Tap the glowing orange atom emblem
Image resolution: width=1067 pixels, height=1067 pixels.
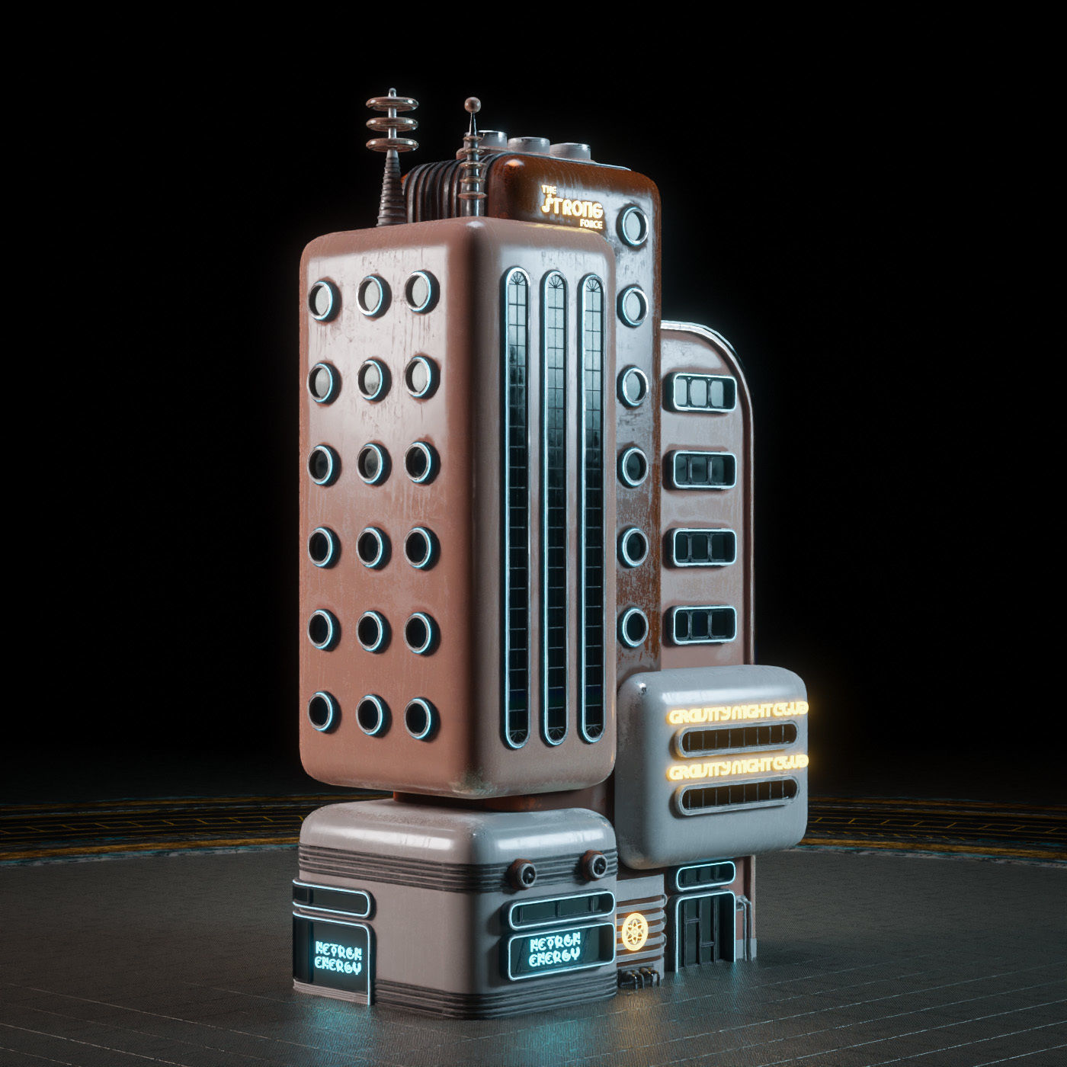tap(632, 931)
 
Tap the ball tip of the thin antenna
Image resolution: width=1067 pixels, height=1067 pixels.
tap(473, 103)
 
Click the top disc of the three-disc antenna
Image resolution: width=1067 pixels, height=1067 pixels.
tap(392, 100)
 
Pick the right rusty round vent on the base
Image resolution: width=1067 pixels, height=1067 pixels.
tap(594, 863)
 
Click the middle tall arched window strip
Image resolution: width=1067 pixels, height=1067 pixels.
tap(554, 507)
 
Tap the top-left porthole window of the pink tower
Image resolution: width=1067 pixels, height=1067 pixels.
tap(323, 299)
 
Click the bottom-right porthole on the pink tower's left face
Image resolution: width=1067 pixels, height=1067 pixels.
tap(420, 717)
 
